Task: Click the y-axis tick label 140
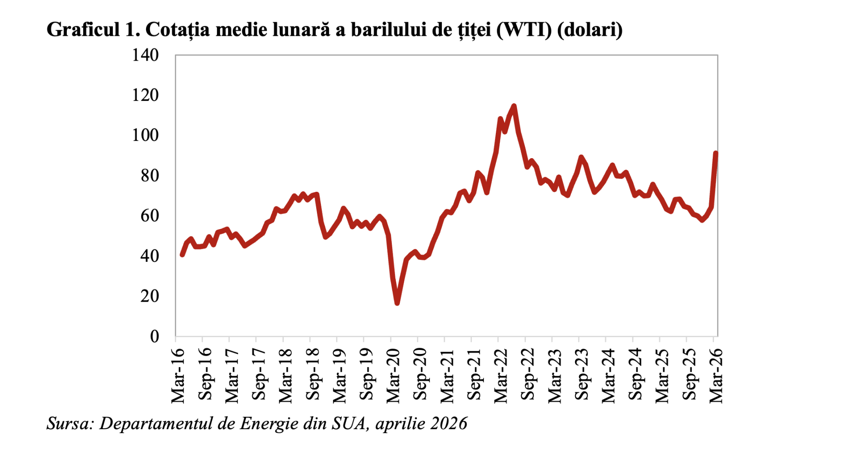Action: click(145, 55)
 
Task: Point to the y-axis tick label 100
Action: click(145, 135)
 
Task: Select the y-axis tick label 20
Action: click(150, 296)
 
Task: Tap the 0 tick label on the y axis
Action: click(155, 336)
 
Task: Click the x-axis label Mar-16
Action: click(178, 376)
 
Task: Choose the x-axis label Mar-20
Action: click(393, 376)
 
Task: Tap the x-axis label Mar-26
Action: click(716, 376)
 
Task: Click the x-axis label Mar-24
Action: click(608, 376)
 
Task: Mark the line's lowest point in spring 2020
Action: click(397, 303)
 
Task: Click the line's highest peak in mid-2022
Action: click(514, 106)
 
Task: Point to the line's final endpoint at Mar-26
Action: click(715, 153)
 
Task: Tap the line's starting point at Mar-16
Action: click(182, 255)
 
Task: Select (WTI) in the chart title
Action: click(524, 30)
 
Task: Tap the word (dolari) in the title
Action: click(590, 30)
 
